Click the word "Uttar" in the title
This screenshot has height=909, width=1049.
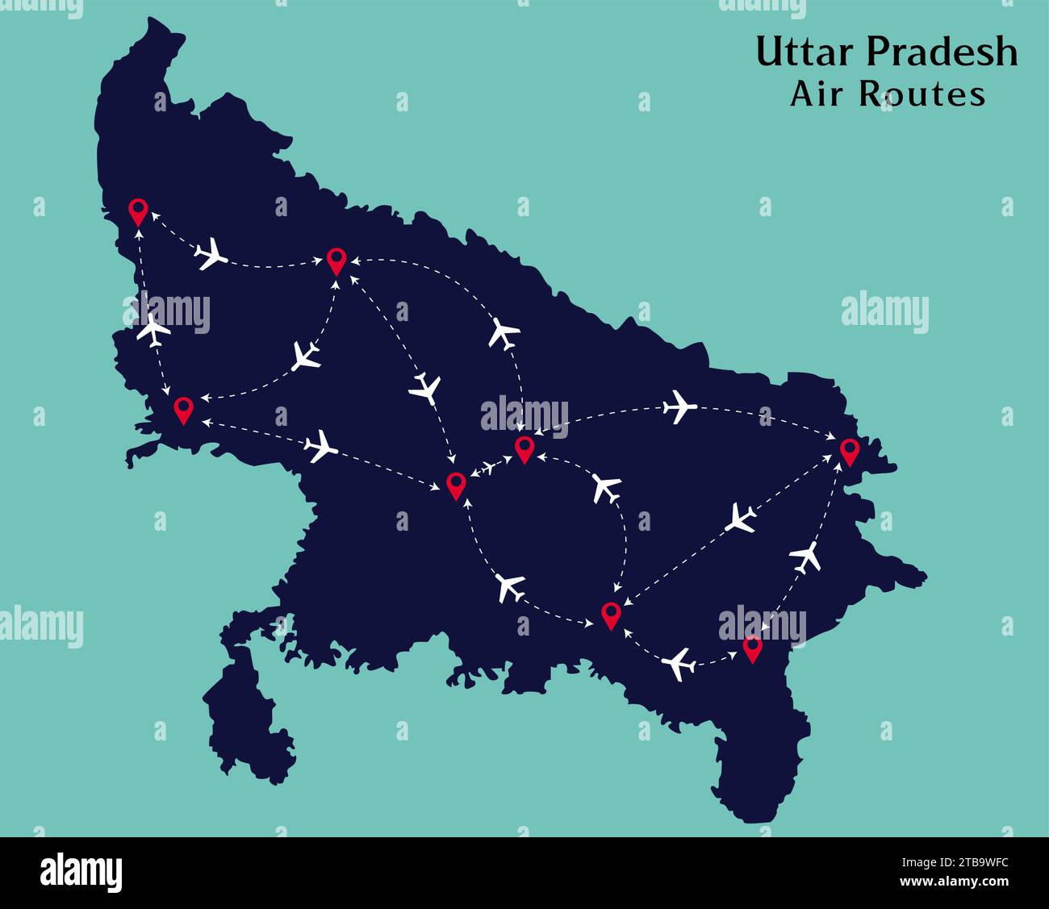click(x=805, y=52)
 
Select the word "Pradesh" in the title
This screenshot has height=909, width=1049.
click(x=941, y=52)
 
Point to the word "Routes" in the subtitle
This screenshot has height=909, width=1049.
click(x=922, y=94)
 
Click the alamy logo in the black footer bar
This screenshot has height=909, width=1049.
click(x=81, y=873)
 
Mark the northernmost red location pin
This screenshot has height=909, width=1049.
click(x=138, y=211)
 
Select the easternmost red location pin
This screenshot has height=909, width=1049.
click(x=849, y=452)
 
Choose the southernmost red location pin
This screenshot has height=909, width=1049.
click(x=752, y=648)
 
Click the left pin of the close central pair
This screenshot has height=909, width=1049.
click(x=456, y=486)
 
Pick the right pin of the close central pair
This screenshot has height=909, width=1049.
click(x=524, y=449)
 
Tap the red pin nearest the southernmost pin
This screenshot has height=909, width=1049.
click(x=611, y=615)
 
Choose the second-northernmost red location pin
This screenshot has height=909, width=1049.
click(x=336, y=261)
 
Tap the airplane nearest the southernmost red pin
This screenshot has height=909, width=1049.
click(x=679, y=664)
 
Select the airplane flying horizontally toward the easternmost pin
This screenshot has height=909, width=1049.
click(x=679, y=407)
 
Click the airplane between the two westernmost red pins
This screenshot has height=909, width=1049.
click(x=153, y=329)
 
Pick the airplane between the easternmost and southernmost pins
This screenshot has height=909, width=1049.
click(x=805, y=556)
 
